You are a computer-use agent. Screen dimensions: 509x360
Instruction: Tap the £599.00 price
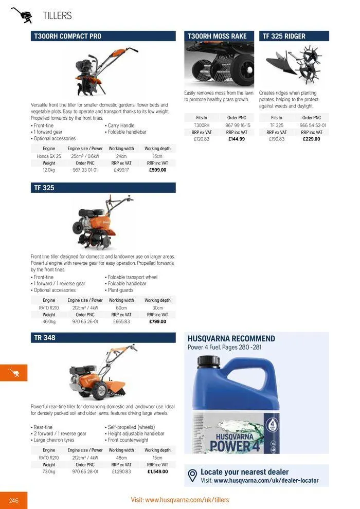[157, 170]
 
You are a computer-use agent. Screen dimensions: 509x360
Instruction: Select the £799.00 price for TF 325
[157, 322]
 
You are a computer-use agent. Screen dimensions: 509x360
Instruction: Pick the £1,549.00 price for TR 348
[157, 471]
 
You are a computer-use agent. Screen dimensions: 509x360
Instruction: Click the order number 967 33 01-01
[85, 170]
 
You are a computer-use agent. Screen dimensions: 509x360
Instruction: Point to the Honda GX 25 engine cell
[49, 156]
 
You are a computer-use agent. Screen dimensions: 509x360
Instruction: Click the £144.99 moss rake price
[237, 139]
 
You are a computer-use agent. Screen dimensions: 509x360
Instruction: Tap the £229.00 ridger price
[312, 139]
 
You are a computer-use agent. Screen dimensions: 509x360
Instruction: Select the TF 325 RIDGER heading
[284, 36]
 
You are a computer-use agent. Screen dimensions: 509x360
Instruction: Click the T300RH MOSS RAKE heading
[217, 36]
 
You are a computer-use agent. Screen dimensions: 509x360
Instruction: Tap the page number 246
[13, 500]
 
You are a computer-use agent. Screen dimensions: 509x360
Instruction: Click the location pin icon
[193, 476]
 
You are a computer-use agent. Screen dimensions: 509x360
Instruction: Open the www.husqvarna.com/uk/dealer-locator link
[266, 481]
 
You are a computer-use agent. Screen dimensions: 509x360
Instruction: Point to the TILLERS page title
[57, 16]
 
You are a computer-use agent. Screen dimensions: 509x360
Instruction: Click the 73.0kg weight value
[49, 471]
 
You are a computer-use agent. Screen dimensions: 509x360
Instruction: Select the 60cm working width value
[121, 308]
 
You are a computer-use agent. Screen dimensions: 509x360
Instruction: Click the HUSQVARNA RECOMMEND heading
[231, 339]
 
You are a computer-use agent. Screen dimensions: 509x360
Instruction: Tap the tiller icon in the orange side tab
[13, 373]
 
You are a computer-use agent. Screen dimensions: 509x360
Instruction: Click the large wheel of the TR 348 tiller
[100, 389]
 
